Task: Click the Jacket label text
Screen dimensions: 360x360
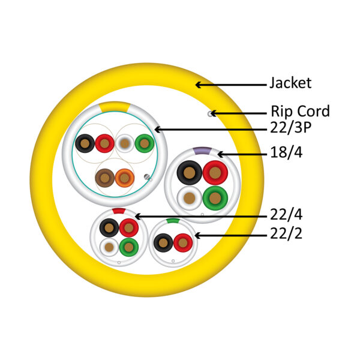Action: [x=290, y=83]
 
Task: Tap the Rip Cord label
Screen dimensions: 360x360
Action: [x=300, y=111]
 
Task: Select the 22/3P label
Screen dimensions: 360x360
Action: [x=290, y=127]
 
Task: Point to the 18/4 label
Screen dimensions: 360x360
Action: [x=286, y=152]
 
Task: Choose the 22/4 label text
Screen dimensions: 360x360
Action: [x=286, y=215]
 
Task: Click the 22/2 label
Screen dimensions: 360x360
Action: [x=286, y=233]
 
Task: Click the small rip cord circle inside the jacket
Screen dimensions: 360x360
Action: [x=210, y=113]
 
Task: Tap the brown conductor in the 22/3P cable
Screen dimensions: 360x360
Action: [x=105, y=178]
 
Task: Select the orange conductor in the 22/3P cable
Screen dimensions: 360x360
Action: [x=125, y=178]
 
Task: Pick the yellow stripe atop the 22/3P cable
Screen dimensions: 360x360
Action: [x=115, y=107]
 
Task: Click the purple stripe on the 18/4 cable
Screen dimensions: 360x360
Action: [x=202, y=151]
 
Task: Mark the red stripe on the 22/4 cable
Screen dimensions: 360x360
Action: [x=119, y=211]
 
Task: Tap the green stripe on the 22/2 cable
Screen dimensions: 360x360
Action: [x=173, y=221]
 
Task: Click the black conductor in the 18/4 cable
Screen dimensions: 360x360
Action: [x=190, y=173]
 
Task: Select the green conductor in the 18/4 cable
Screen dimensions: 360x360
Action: [x=215, y=198]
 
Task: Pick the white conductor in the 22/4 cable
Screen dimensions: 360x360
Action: [x=109, y=247]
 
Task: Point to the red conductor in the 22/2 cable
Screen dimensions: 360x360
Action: [x=183, y=243]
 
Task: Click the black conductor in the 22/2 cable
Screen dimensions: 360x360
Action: [x=163, y=243]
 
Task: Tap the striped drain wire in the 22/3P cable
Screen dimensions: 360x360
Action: [x=147, y=177]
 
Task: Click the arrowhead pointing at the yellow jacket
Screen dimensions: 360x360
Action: [x=198, y=85]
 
